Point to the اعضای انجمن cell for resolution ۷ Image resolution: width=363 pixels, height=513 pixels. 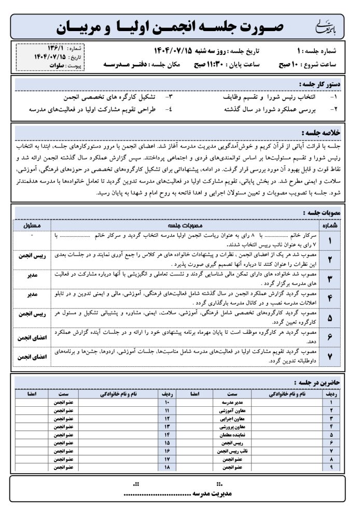pos(33,357)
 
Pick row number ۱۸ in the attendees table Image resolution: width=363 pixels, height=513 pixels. pos(167,467)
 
